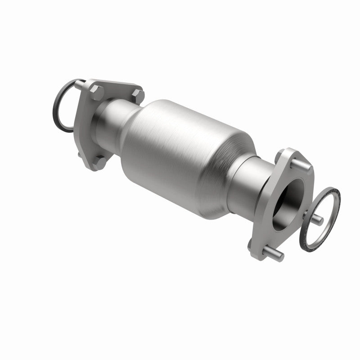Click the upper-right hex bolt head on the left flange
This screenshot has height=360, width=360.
139,95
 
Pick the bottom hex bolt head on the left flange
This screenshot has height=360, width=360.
101,161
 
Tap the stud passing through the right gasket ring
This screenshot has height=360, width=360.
317,219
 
